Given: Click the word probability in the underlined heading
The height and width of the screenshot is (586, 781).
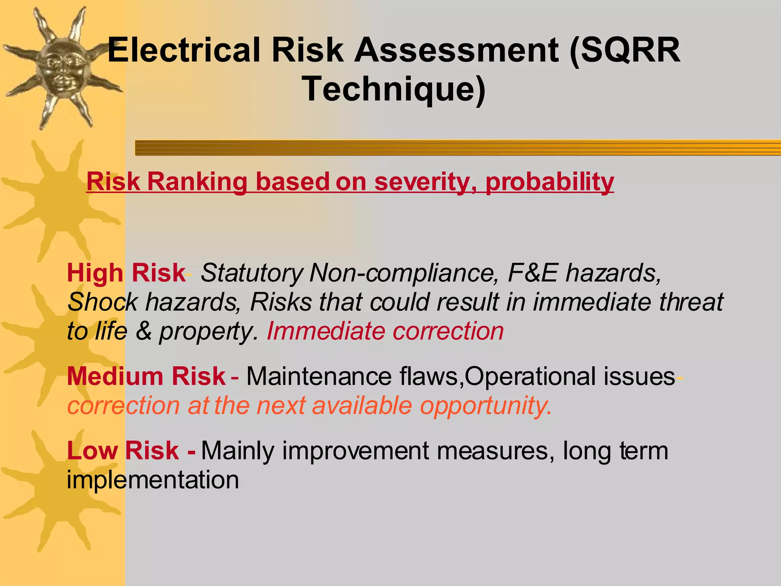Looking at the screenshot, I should (550, 182).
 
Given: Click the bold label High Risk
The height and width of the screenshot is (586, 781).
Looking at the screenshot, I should (126, 273).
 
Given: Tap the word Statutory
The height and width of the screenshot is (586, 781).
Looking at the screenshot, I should (252, 273).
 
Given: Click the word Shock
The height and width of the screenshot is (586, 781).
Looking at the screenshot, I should (102, 302).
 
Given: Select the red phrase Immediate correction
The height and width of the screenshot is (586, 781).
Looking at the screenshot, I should (385, 331).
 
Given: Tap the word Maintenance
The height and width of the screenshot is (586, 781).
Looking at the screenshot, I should (319, 376).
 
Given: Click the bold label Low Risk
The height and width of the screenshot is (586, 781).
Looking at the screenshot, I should (123, 451).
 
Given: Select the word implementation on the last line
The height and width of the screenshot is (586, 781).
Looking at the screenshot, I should (153, 480).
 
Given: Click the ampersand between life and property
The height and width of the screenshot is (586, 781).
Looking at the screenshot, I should (143, 331).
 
